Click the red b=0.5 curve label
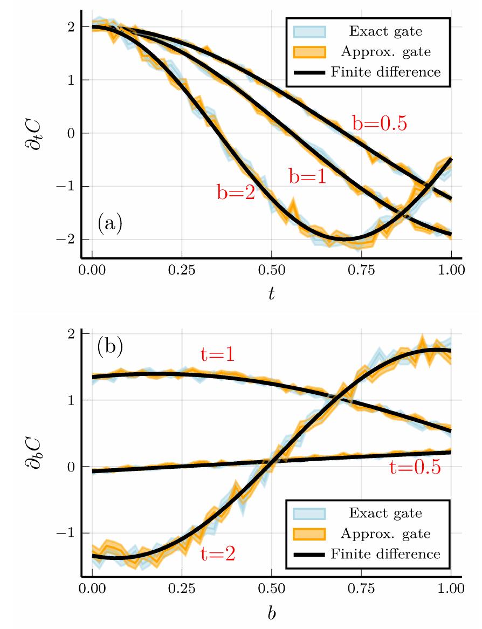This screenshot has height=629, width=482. click(x=379, y=123)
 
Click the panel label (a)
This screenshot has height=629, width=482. click(x=110, y=223)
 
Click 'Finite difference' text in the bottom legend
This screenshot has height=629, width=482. click(x=385, y=553)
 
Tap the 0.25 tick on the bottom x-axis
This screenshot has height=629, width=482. click(x=182, y=587)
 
